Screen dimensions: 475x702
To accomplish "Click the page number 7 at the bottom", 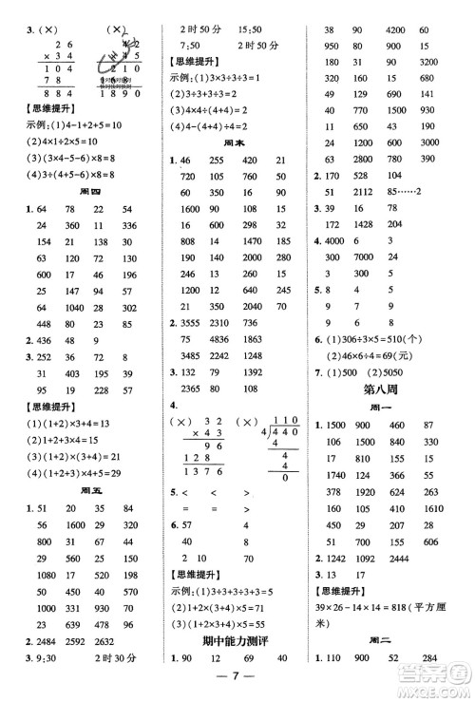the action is [x=236, y=689].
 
